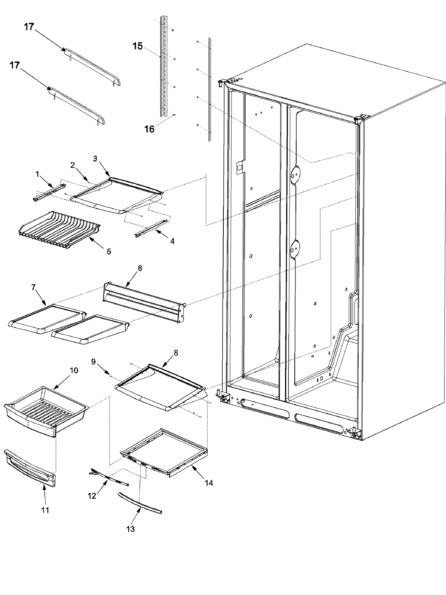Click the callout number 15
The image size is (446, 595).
pyautogui.click(x=138, y=46)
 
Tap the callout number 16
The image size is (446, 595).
pyautogui.click(x=149, y=129)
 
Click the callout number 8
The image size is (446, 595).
pyautogui.click(x=175, y=353)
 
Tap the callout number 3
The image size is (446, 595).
pyautogui.click(x=95, y=158)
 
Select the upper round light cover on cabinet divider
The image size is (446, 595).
pyautogui.click(x=295, y=174)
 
